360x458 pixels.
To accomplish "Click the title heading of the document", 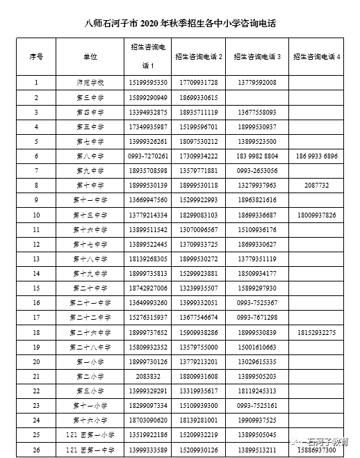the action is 179,24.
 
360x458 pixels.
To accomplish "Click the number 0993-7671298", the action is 256,318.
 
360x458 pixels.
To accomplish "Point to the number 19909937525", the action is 256,420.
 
